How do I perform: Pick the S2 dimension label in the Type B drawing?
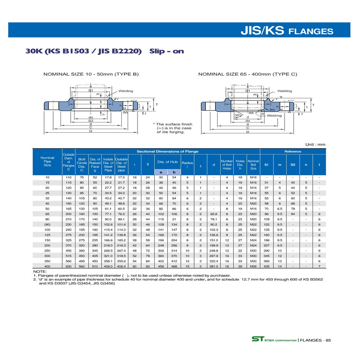91,120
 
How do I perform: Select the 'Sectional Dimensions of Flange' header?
167,151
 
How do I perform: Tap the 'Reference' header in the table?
293,151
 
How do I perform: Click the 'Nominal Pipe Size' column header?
47,161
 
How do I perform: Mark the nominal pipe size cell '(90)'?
47,224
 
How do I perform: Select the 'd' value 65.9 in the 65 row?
214,213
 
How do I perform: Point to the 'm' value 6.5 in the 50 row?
279,208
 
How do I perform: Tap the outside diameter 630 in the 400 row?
68,266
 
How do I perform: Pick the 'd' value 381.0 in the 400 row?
214,266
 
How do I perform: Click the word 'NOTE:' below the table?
39,272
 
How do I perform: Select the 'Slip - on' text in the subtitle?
166,51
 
